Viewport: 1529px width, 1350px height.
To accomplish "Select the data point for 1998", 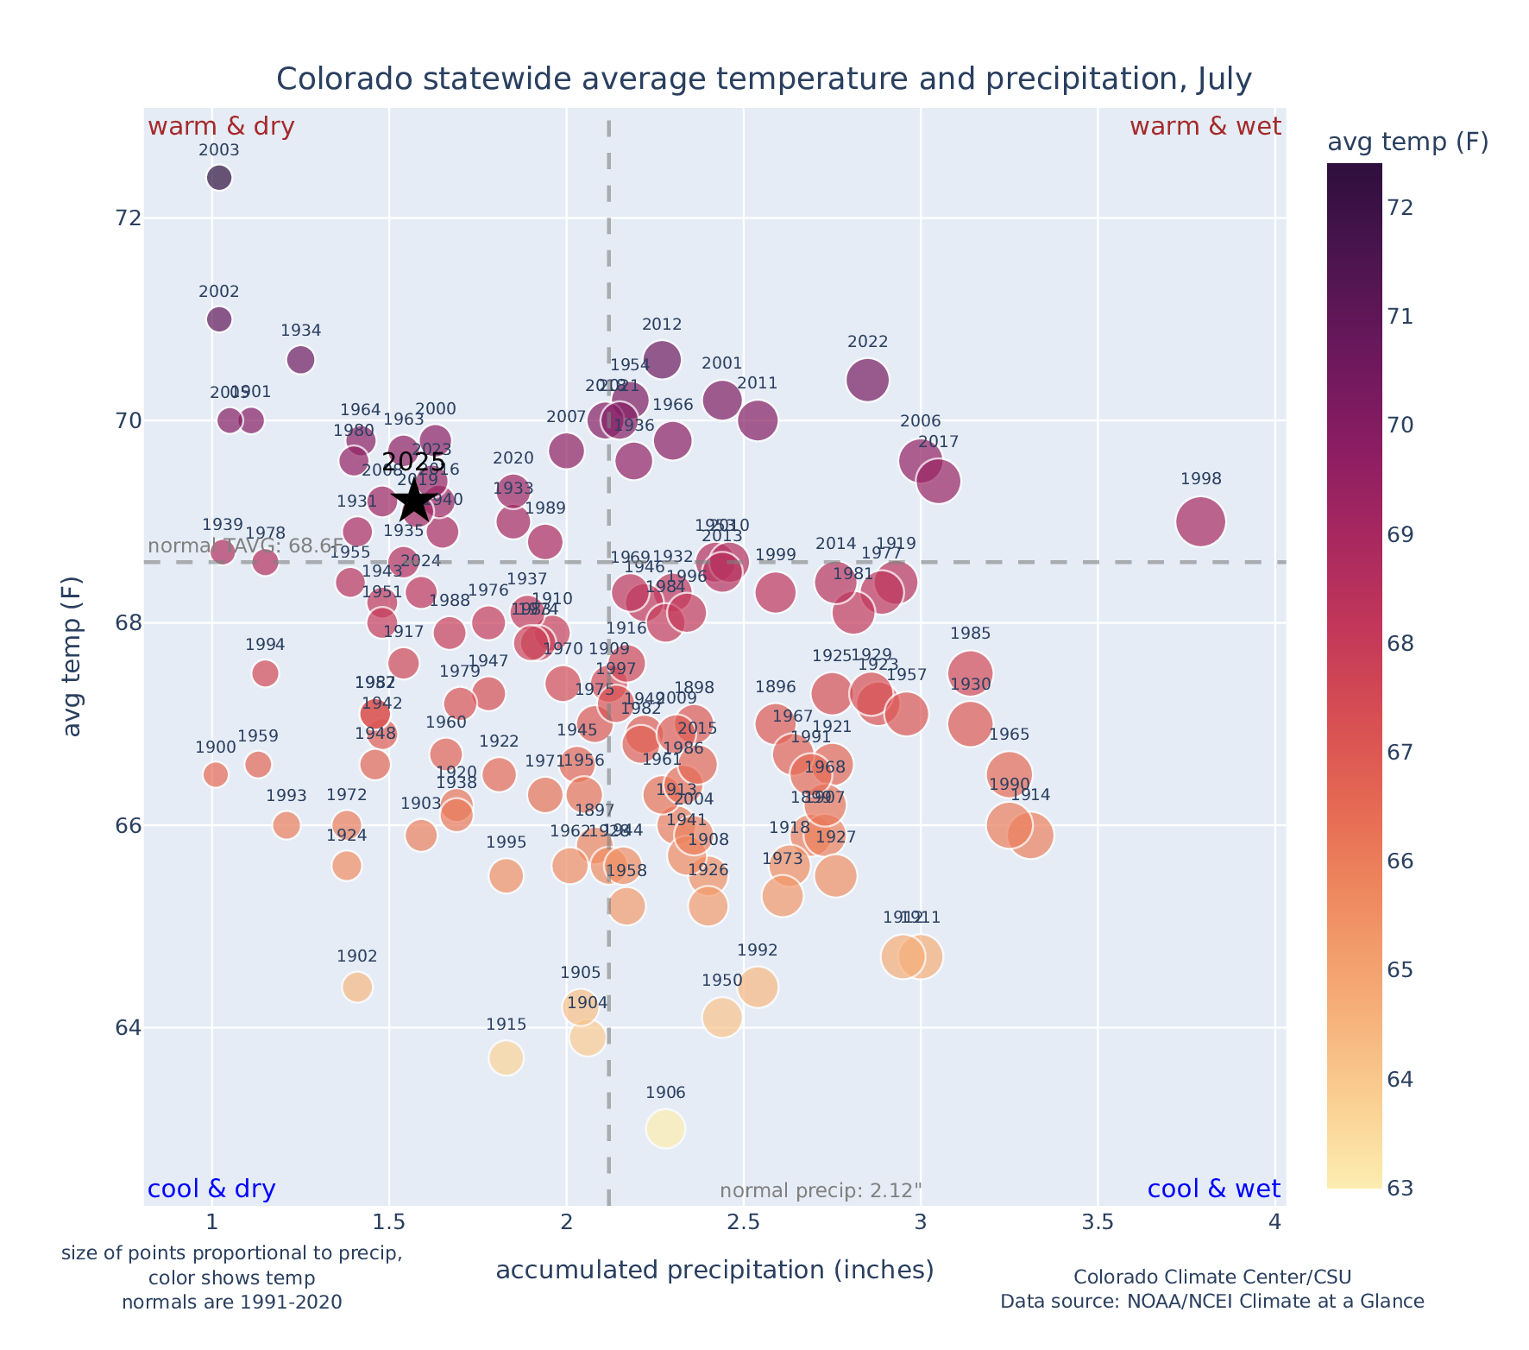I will click(1199, 521).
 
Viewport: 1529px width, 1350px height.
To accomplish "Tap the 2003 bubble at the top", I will click(219, 178).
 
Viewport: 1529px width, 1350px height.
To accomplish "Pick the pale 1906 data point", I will click(665, 1128).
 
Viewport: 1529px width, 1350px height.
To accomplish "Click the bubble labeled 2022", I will click(867, 380).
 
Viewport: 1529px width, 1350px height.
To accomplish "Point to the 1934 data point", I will click(300, 359).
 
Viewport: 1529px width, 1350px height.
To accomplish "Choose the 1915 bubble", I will click(507, 1057).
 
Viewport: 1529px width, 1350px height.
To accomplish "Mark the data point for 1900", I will click(216, 774).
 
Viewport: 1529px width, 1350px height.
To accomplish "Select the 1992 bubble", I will click(758, 987).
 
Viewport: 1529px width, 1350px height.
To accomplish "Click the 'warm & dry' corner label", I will click(221, 127).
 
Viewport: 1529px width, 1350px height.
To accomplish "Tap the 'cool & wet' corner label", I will click(1213, 1189).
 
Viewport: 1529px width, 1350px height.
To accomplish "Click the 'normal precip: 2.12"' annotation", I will click(821, 1191).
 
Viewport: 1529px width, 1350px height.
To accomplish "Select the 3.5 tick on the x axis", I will click(1098, 1223).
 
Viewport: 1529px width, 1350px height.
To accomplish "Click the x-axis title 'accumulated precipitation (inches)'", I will click(714, 1270).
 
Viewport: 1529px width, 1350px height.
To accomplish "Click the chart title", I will click(764, 79).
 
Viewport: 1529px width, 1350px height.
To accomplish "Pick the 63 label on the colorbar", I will click(1400, 1189).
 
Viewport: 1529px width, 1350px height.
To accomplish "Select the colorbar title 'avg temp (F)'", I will click(1407, 142).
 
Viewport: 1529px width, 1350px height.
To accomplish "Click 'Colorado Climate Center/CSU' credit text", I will click(1211, 1277).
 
